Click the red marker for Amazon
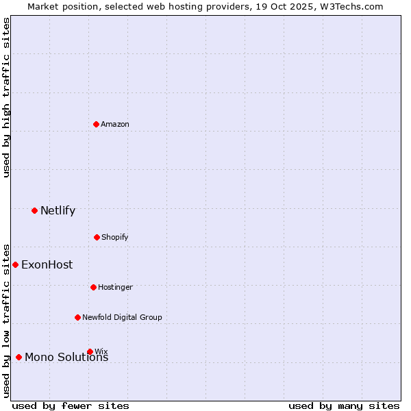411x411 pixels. (96, 124)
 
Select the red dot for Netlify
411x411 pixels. (34, 210)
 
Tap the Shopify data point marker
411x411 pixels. (97, 237)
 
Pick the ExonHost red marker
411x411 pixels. (15, 264)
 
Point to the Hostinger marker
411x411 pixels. (93, 287)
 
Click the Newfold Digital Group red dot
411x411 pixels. (77, 317)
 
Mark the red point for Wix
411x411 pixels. (90, 351)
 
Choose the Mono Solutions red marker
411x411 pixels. (18, 357)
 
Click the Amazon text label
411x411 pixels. (115, 124)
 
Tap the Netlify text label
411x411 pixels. (58, 210)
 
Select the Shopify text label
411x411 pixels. (115, 237)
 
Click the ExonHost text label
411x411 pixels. (47, 264)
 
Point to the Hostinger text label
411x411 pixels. (115, 287)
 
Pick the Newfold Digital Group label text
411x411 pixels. (122, 317)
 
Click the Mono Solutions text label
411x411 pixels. (66, 358)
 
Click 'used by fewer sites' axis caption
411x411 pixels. (71, 406)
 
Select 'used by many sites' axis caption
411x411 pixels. (344, 406)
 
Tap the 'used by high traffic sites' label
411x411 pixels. (6, 97)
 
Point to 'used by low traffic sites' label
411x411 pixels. (6, 321)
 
